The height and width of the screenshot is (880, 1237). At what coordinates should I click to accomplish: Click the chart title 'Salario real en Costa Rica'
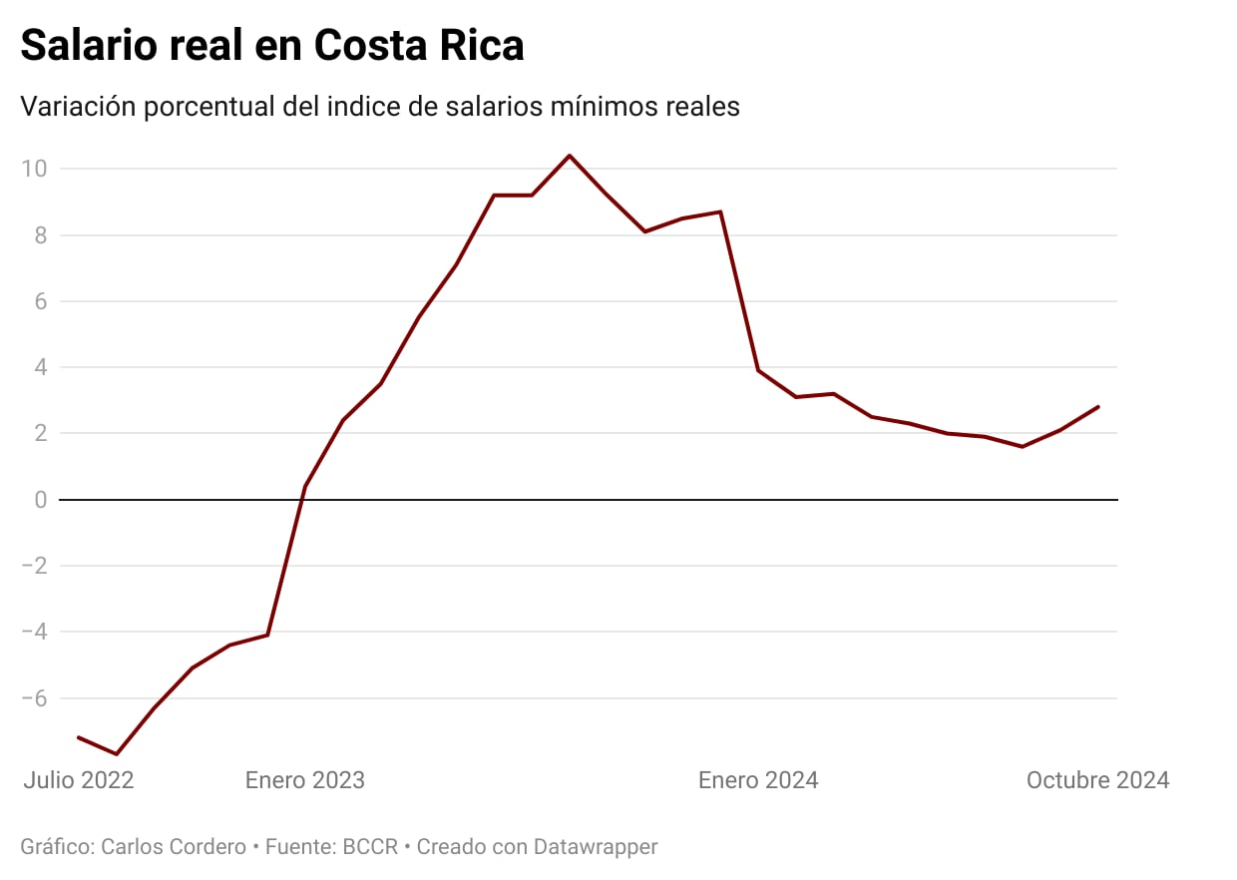click(x=271, y=46)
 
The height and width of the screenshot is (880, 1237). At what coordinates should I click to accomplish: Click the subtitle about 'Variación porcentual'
click(x=380, y=107)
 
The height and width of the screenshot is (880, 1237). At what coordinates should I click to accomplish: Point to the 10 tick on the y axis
click(x=35, y=169)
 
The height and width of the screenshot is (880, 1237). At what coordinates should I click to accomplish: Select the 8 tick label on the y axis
click(x=41, y=235)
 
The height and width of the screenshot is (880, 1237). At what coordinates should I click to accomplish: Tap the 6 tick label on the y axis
click(x=41, y=301)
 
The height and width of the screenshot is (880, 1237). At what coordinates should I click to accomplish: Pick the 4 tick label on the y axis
click(x=41, y=367)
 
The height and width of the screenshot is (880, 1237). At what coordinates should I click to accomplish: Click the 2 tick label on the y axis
click(x=41, y=433)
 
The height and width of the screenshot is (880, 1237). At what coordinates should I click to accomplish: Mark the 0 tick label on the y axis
click(x=41, y=499)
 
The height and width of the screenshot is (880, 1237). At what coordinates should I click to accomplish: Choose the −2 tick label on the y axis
click(x=35, y=566)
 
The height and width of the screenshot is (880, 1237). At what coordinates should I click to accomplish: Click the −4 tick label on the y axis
click(x=35, y=632)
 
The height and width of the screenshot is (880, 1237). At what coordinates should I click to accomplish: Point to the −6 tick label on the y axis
click(x=35, y=697)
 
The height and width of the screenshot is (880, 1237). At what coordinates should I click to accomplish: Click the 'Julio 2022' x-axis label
click(x=79, y=780)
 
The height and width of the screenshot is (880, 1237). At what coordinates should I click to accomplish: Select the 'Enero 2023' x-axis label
click(x=305, y=780)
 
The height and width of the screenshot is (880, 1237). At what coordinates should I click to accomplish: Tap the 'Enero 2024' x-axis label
click(x=758, y=780)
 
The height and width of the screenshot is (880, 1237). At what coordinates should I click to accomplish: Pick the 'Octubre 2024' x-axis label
click(x=1097, y=780)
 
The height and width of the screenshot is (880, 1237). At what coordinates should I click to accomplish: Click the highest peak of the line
click(x=570, y=156)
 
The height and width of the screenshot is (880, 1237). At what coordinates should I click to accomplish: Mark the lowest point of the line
click(x=117, y=754)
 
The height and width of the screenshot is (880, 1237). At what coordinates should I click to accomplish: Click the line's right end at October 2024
click(x=1098, y=406)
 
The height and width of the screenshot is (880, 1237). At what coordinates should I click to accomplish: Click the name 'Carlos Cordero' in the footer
click(x=175, y=847)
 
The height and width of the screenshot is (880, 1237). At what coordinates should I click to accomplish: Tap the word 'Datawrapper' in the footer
click(x=596, y=847)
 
